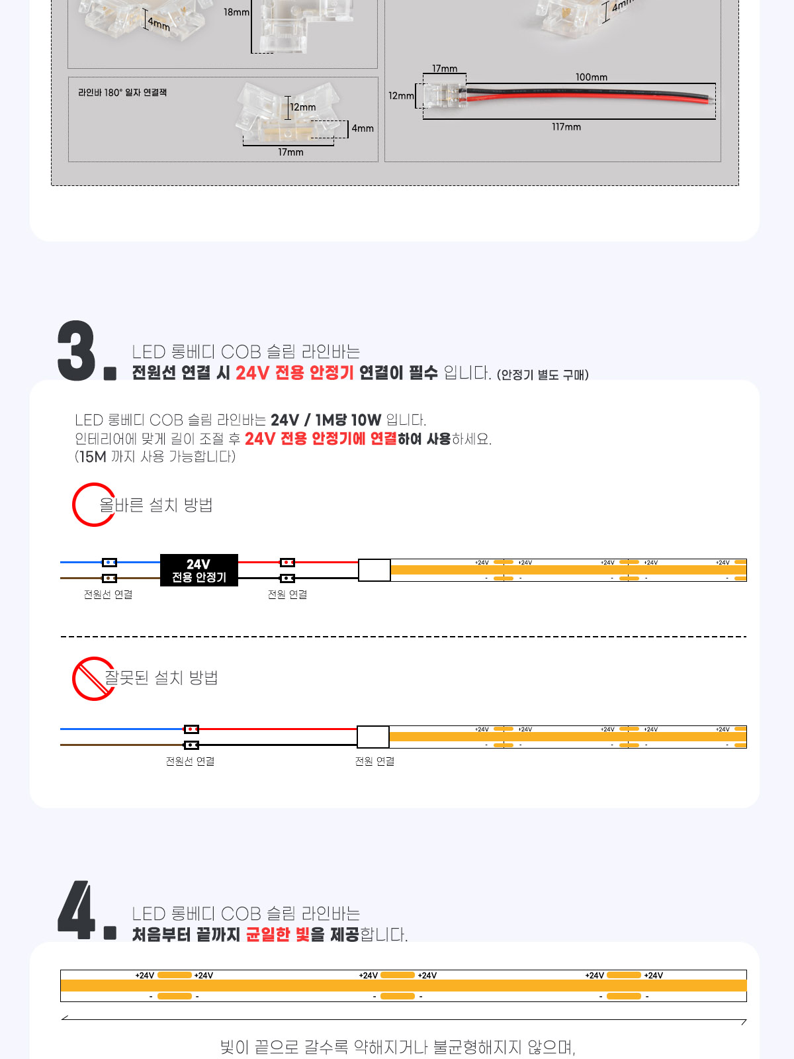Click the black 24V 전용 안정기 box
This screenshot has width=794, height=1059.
[x=198, y=570]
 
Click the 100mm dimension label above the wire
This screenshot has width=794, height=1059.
[x=591, y=77]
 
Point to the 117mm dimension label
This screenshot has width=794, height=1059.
[x=566, y=127]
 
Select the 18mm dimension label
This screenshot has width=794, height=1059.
[x=236, y=12]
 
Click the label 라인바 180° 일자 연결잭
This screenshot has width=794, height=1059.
[x=122, y=92]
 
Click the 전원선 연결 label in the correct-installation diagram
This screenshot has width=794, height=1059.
[x=108, y=594]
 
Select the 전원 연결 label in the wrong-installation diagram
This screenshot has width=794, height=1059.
[x=375, y=761]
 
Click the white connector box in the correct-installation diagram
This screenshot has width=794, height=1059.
[x=374, y=570]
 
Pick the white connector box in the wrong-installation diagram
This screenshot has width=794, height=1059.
[x=373, y=737]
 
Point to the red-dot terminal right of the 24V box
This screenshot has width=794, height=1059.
[x=287, y=563]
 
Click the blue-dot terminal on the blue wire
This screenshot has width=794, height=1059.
[x=109, y=562]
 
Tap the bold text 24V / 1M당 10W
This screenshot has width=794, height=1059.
[x=326, y=420]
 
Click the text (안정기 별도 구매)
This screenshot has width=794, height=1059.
[x=543, y=375]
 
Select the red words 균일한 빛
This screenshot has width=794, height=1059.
[x=278, y=935]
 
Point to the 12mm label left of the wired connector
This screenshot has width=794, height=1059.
[x=401, y=95]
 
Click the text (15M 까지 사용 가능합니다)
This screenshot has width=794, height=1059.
[x=155, y=457]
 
